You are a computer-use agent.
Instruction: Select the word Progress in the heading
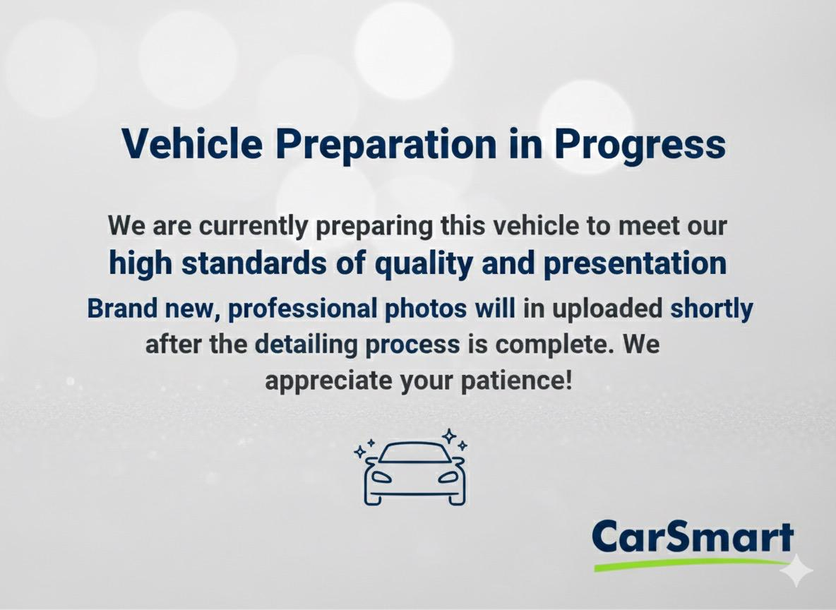(x=640, y=144)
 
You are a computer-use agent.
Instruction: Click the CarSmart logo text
(x=693, y=538)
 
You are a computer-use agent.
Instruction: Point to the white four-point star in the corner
(x=796, y=571)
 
